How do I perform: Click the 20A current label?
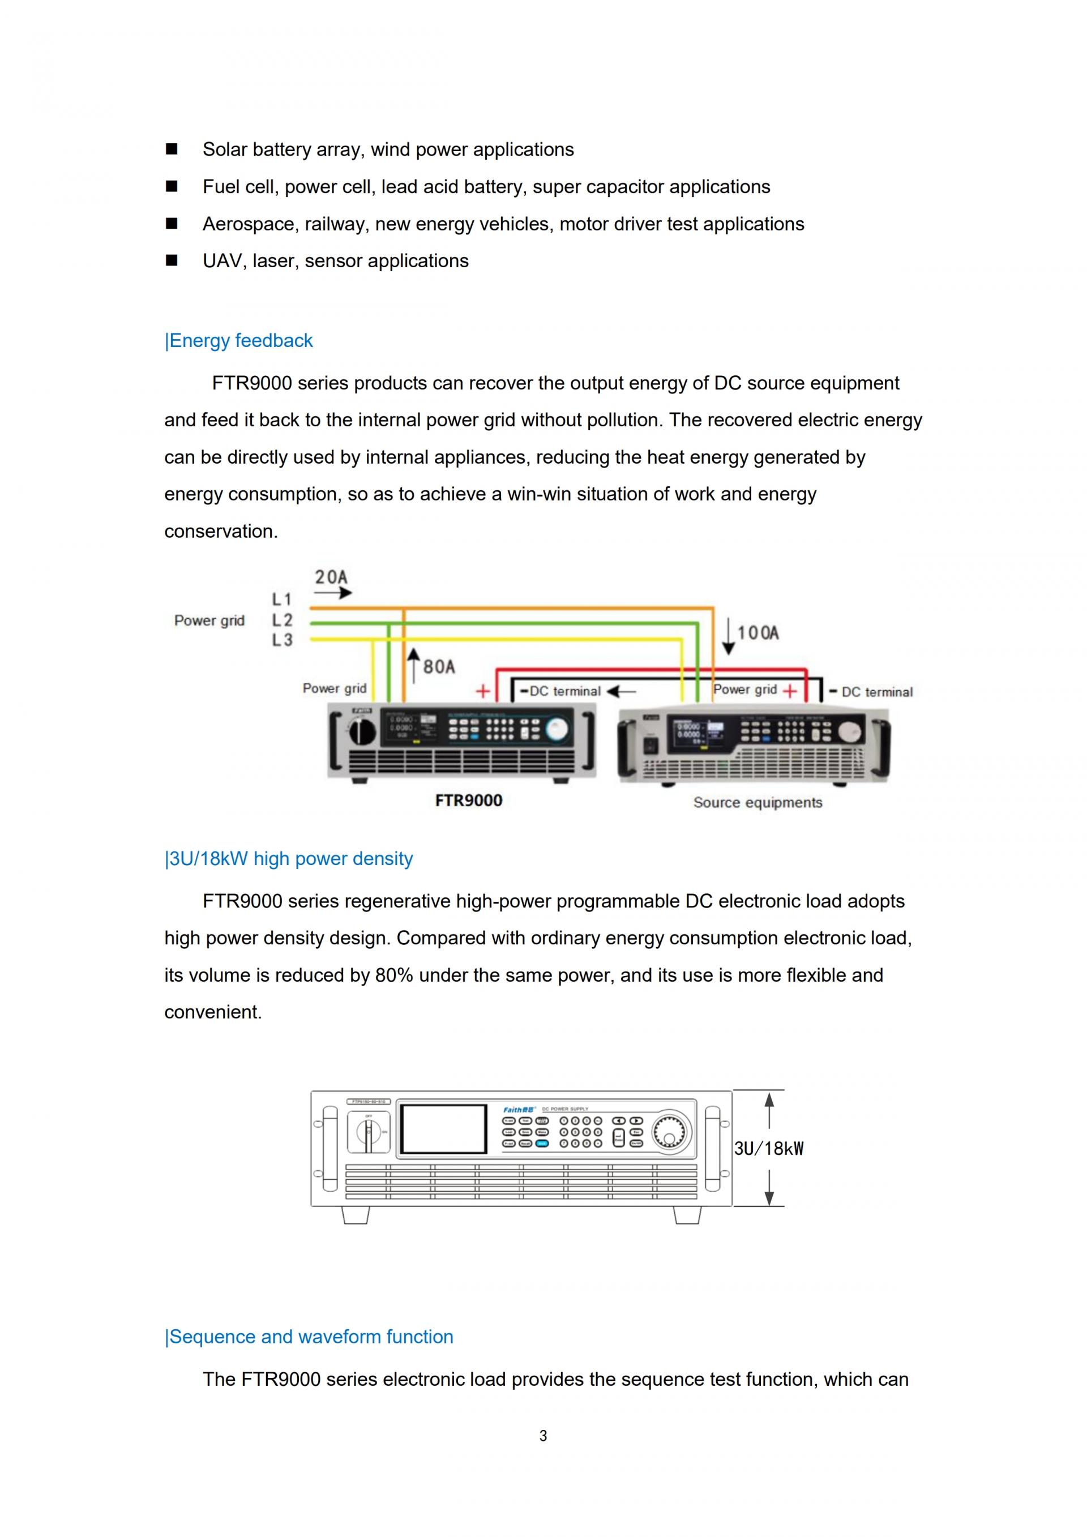pyautogui.click(x=331, y=577)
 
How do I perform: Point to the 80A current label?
pyautogui.click(x=439, y=667)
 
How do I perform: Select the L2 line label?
pyautogui.click(x=282, y=620)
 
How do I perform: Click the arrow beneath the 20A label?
pyautogui.click(x=333, y=593)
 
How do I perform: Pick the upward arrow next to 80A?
pyautogui.click(x=414, y=665)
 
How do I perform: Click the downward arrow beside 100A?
pyautogui.click(x=728, y=636)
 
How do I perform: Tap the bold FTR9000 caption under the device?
pyautogui.click(x=469, y=800)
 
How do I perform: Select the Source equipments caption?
pyautogui.click(x=758, y=803)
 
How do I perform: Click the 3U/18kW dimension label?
pyautogui.click(x=768, y=1149)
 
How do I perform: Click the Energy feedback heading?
pyautogui.click(x=239, y=341)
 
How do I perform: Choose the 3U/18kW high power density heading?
pyautogui.click(x=289, y=859)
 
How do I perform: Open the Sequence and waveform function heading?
pyautogui.click(x=309, y=1337)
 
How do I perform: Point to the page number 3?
pyautogui.click(x=543, y=1436)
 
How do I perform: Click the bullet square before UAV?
pyautogui.click(x=172, y=261)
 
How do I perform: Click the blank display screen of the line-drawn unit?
pyautogui.click(x=443, y=1129)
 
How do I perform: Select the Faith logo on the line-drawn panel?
pyautogui.click(x=519, y=1109)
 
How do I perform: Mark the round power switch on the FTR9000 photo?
pyautogui.click(x=363, y=731)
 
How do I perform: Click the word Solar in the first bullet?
pyautogui.click(x=225, y=149)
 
